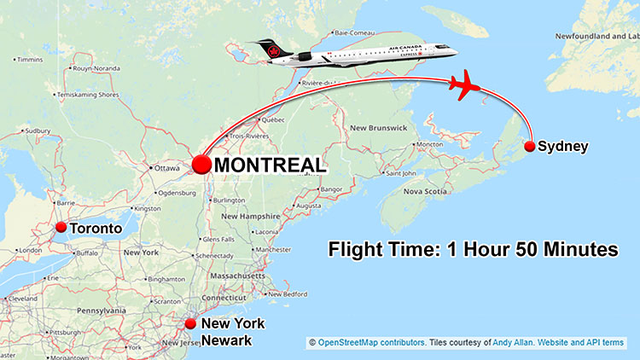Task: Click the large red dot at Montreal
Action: pyautogui.click(x=202, y=165)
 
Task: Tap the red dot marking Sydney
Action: pyautogui.click(x=530, y=147)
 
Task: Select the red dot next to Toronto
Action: pyautogui.click(x=61, y=228)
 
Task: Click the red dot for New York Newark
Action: pyautogui.click(x=190, y=324)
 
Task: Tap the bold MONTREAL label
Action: pyautogui.click(x=269, y=165)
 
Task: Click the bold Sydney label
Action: pyautogui.click(x=563, y=147)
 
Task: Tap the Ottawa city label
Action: pyautogui.click(x=166, y=168)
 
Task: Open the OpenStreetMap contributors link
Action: pyautogui.click(x=372, y=343)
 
